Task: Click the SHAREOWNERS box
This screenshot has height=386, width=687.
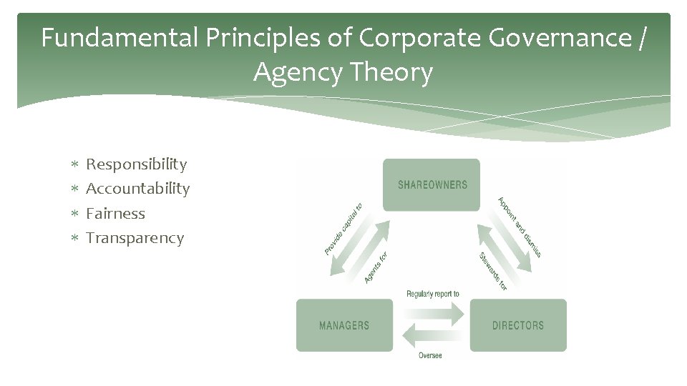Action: (432, 185)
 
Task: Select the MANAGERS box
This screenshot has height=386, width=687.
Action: (344, 325)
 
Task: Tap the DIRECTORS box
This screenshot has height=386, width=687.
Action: (517, 325)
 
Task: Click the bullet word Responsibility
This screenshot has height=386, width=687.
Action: (136, 164)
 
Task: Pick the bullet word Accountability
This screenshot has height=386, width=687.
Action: (137, 189)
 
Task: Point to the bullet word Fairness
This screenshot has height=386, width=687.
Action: (115, 213)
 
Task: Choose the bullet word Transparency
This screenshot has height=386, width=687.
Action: (135, 238)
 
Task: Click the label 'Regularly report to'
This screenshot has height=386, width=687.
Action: (432, 294)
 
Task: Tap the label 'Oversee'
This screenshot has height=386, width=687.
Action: (430, 356)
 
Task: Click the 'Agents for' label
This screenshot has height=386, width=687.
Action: (376, 267)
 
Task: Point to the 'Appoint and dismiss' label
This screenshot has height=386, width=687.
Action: (520, 227)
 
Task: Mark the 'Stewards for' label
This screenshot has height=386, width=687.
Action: (492, 271)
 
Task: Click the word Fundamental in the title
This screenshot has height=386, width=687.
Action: (118, 38)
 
